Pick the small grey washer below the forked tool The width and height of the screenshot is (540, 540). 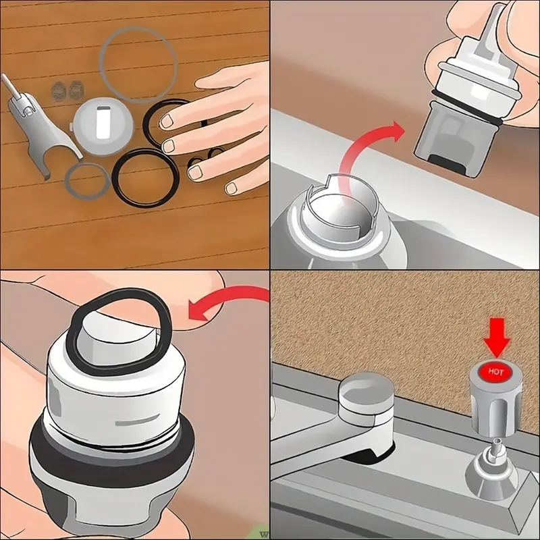click(x=86, y=183)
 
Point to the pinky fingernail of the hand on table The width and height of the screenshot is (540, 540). click(x=232, y=187)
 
